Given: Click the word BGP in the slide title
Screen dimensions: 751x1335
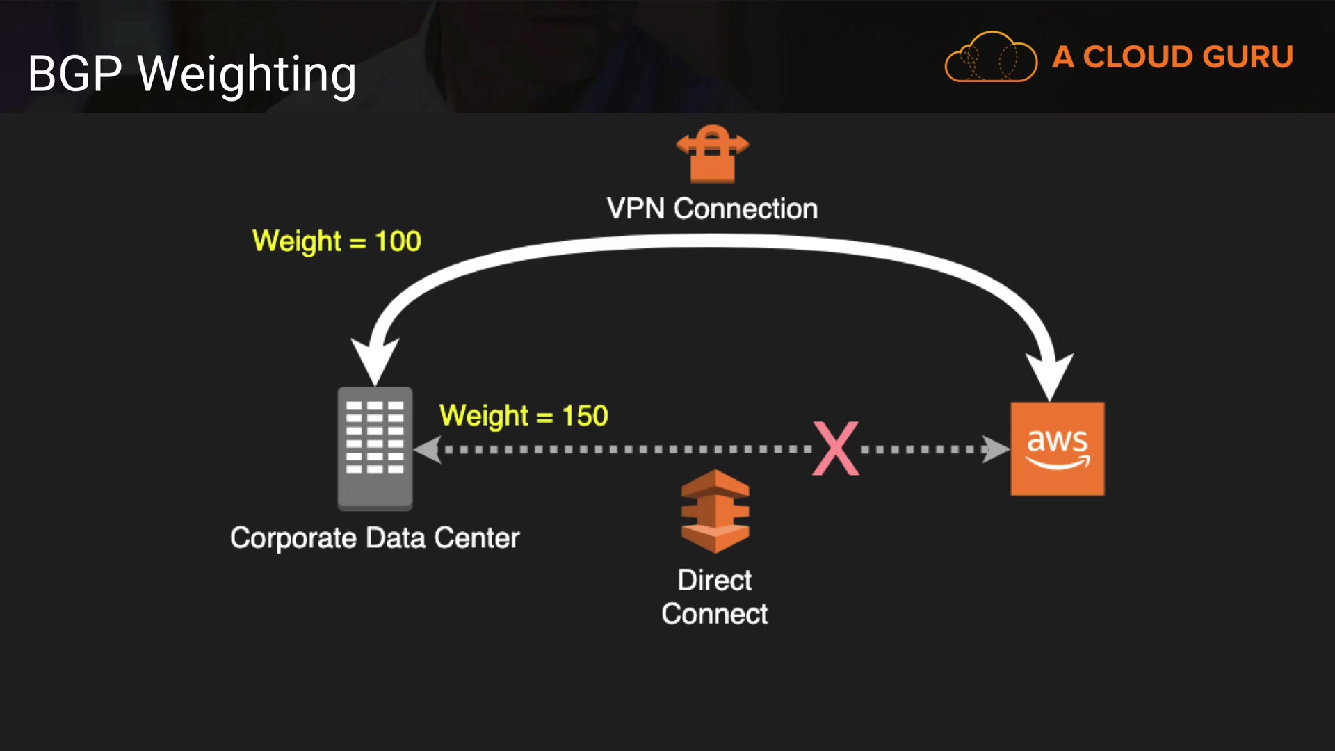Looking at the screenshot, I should [75, 73].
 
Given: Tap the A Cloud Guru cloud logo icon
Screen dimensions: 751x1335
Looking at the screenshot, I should [990, 58].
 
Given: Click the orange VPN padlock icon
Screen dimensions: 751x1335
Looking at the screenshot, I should [712, 154].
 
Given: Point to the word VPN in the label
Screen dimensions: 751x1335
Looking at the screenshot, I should [636, 209].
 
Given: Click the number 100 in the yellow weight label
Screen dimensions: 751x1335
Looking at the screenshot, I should [398, 241].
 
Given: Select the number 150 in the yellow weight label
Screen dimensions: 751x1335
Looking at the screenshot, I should [585, 416].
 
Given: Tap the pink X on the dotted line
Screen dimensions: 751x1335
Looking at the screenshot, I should [836, 449].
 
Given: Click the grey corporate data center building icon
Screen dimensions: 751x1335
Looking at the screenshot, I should [375, 449].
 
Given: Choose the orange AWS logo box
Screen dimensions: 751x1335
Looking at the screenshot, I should [1057, 449].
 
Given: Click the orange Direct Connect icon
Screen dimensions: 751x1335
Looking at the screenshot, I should [715, 511].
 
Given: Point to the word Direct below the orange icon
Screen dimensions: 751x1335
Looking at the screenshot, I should [715, 580].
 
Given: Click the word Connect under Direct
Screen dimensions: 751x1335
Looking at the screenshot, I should [715, 614].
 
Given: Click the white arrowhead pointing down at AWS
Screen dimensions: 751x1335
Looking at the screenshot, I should [1050, 375].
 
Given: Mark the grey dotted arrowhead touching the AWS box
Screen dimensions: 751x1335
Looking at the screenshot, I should [996, 449].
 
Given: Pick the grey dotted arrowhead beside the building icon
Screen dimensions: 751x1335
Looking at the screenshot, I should [427, 449].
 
